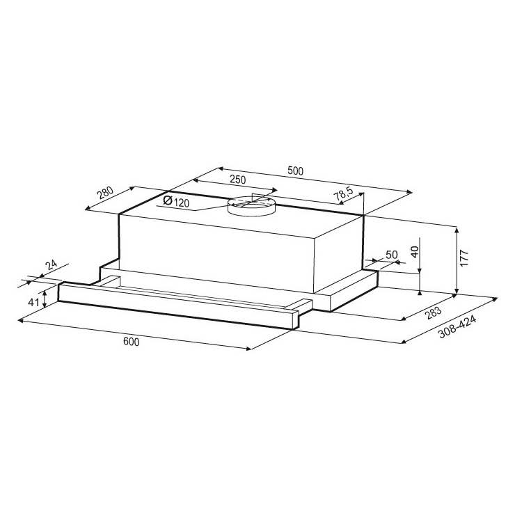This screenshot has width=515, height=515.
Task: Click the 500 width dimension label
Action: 295,171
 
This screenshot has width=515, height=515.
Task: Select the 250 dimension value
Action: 237,180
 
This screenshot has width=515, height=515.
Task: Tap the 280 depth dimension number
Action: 105,193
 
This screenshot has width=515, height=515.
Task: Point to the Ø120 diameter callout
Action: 176,201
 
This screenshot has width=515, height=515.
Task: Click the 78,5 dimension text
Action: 343,195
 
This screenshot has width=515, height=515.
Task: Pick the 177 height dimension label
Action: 463,257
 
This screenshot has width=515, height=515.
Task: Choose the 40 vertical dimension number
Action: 415,252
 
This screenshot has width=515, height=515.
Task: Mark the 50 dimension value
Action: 392,255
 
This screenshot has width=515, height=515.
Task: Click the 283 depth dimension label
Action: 433,313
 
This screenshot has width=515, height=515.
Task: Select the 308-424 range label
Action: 457,328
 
